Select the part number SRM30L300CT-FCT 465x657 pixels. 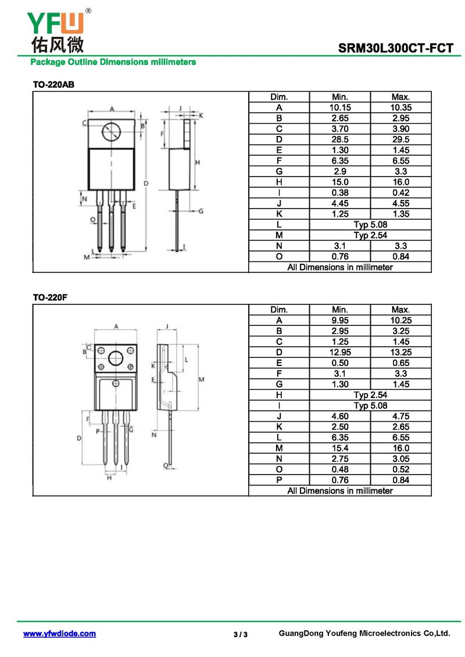[395, 48]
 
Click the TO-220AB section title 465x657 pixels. [53, 85]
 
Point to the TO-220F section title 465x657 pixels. [51, 297]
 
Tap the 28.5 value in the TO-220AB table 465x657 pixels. [339, 139]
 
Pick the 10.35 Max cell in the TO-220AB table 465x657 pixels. [401, 107]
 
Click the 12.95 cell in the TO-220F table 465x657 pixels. [339, 353]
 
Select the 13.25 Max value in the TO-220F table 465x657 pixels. [401, 353]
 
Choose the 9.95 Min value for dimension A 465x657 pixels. [339, 321]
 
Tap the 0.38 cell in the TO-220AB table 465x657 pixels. [339, 193]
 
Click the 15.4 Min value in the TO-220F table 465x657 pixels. [339, 448]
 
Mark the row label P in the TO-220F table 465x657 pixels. [279, 480]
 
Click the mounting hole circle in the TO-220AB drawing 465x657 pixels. [112, 132]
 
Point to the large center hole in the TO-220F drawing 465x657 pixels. [115, 358]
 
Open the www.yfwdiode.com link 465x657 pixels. [59, 634]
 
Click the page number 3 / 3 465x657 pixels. [241, 634]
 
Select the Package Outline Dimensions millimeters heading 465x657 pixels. [113, 62]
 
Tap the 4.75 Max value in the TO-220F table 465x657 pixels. [401, 417]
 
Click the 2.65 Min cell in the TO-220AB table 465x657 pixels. [339, 118]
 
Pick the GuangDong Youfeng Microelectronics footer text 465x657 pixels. [364, 633]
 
